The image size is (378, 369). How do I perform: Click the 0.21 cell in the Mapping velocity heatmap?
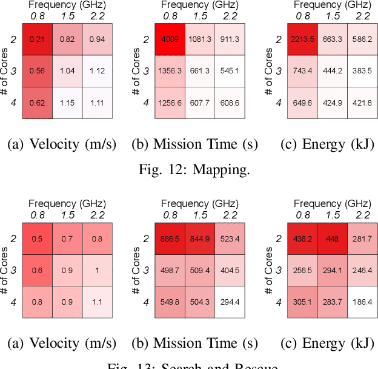click(x=37, y=39)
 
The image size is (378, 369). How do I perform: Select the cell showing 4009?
click(x=169, y=39)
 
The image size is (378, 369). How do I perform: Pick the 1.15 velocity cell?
click(x=67, y=103)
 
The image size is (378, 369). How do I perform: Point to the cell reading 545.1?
click(x=230, y=71)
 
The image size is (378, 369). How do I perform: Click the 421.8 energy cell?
click(x=362, y=103)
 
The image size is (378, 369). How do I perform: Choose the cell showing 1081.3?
click(x=199, y=39)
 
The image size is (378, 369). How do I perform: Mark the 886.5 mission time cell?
click(x=169, y=239)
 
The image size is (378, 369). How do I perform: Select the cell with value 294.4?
click(x=230, y=302)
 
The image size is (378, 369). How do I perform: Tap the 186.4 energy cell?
click(x=362, y=302)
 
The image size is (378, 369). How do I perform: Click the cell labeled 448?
click(x=332, y=239)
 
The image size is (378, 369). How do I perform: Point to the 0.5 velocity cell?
click(x=37, y=239)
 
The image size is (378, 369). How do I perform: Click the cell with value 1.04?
click(x=67, y=71)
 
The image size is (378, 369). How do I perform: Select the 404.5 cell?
click(x=230, y=270)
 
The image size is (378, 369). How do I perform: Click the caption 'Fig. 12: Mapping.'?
click(x=193, y=169)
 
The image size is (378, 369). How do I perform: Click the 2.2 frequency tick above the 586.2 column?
click(x=362, y=16)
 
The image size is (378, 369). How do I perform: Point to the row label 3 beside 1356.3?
click(x=146, y=71)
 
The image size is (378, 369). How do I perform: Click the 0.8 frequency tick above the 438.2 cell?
click(x=302, y=215)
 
